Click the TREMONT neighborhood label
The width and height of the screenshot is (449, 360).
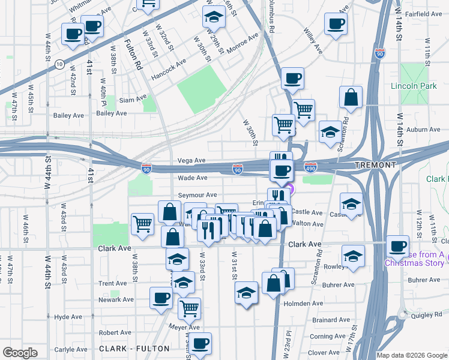coord(375,165)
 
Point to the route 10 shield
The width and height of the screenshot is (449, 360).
coord(59,63)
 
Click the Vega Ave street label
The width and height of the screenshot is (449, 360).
coord(192,161)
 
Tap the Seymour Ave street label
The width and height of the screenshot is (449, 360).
coord(197,195)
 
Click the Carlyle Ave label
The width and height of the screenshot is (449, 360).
coord(73,349)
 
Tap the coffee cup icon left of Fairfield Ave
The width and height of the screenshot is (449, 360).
coord(336,24)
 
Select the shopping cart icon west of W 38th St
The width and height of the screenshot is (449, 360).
coord(142,224)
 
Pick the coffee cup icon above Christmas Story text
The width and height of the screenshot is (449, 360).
coord(397,245)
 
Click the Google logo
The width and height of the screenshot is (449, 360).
coord(20,353)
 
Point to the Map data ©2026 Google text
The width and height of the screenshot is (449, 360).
coord(411,355)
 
